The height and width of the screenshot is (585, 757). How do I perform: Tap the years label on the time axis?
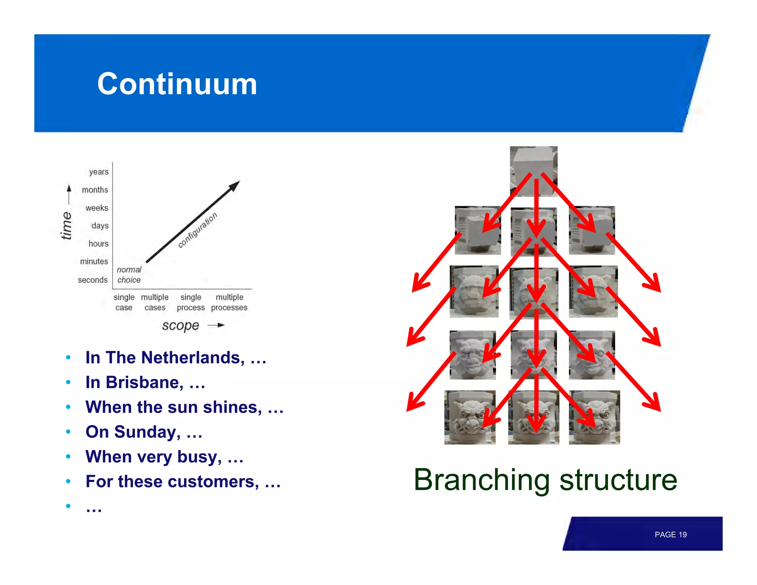pyautogui.click(x=98, y=172)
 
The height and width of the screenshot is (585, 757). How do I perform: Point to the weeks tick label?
pyautogui.click(x=96, y=208)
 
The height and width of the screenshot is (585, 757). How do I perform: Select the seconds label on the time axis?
pyautogui.click(x=92, y=280)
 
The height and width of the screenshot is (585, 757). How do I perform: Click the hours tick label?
pyautogui.click(x=98, y=244)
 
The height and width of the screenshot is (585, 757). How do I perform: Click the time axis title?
pyautogui.click(x=67, y=225)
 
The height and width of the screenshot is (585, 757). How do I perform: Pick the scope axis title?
pyautogui.click(x=180, y=325)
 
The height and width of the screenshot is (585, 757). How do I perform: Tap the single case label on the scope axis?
pyautogui.click(x=124, y=302)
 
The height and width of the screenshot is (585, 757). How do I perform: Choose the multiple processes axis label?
pyautogui.click(x=229, y=302)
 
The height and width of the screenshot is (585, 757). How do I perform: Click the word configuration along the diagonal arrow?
pyautogui.click(x=198, y=230)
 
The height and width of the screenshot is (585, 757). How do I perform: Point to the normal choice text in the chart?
pyautogui.click(x=129, y=275)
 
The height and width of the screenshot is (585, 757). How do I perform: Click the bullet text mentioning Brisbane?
pyautogui.click(x=145, y=382)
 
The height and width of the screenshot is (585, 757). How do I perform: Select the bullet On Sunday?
pyautogui.click(x=143, y=432)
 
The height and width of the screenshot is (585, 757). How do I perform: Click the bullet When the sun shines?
pyautogui.click(x=184, y=407)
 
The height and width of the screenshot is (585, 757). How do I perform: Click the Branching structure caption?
pyautogui.click(x=545, y=480)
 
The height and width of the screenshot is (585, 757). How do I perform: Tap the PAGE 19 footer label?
pyautogui.click(x=670, y=535)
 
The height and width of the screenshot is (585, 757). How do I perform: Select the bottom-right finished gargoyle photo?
pyautogui.click(x=594, y=417)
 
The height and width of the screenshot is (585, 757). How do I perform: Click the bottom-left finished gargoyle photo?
pyautogui.click(x=469, y=417)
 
